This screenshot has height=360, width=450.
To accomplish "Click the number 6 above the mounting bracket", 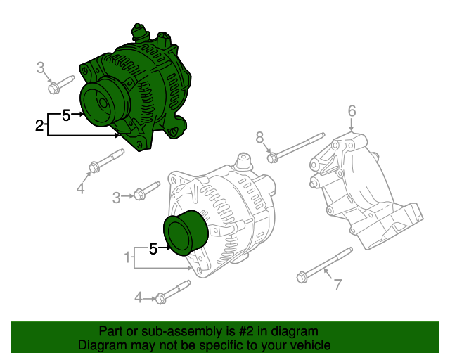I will pyautogui.click(x=352, y=110).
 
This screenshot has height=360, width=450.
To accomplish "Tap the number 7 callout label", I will pyautogui.click(x=337, y=285).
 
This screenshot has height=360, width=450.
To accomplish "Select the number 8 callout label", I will pyautogui.click(x=259, y=137).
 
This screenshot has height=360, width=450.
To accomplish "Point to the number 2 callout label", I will pyautogui.click(x=39, y=126).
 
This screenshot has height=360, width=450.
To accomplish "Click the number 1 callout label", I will pyautogui.click(x=127, y=258).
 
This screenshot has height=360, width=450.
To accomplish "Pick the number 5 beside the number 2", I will pyautogui.click(x=66, y=115).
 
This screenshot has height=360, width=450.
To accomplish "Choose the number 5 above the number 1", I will pyautogui.click(x=153, y=247).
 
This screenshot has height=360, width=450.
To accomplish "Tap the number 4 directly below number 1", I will pyautogui.click(x=139, y=298).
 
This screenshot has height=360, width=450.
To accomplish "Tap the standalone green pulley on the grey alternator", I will pyautogui.click(x=185, y=231).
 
